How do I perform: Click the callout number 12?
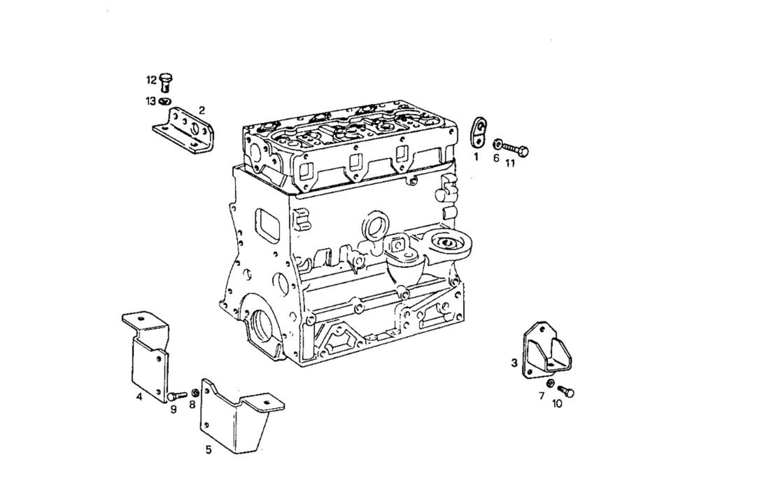[x=152, y=80]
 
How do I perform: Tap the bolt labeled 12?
[x=165, y=82]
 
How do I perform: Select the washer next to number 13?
[x=165, y=102]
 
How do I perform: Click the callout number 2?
[x=202, y=110]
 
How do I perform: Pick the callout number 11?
[x=510, y=163]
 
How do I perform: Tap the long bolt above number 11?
[x=515, y=150]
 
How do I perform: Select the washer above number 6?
[x=497, y=144]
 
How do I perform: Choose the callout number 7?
[x=542, y=396]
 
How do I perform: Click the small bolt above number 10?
[x=566, y=391]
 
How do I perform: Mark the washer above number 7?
[x=550, y=384]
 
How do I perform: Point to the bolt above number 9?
[x=177, y=395]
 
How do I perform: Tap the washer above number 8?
[x=195, y=393]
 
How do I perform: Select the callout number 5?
[x=208, y=449]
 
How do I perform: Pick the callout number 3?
[x=514, y=363]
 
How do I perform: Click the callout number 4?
[x=139, y=396]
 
